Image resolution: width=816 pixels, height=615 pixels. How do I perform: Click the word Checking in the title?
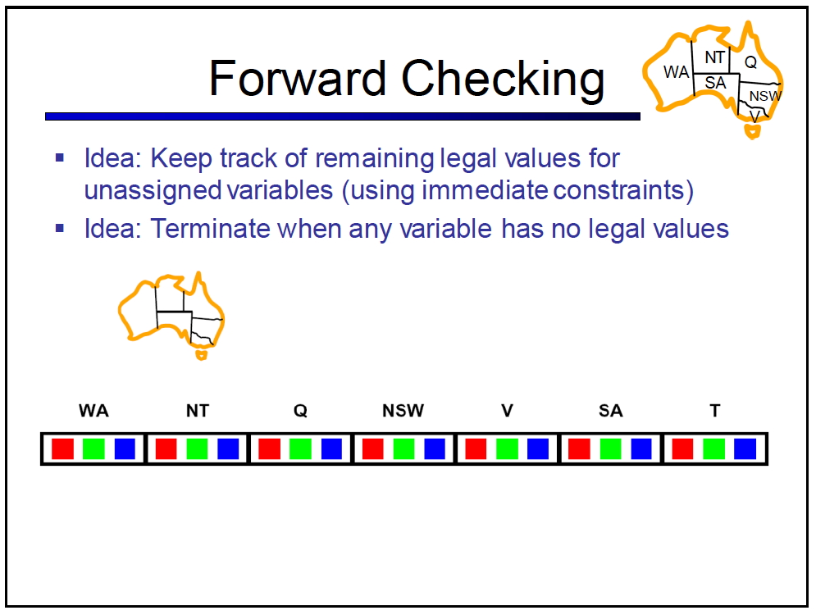click(x=503, y=80)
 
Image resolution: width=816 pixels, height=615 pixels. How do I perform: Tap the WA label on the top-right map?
click(x=676, y=72)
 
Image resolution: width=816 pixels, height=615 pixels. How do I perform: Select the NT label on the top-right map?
click(x=715, y=57)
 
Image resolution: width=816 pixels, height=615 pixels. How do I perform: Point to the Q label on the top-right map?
click(x=750, y=62)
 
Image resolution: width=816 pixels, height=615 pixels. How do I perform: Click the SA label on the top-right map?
click(x=716, y=83)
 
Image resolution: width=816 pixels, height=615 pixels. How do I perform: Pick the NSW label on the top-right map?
click(x=765, y=96)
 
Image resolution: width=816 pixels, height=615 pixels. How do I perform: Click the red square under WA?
click(x=63, y=449)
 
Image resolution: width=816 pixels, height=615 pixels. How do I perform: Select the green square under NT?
click(x=198, y=449)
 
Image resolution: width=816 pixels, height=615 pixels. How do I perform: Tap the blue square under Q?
click(x=331, y=449)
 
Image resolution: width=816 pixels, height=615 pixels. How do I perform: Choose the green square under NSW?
click(x=403, y=449)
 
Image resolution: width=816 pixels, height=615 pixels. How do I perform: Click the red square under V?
click(x=476, y=449)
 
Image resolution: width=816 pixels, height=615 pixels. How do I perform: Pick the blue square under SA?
click(x=641, y=449)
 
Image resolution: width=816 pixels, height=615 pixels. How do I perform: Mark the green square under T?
click(x=713, y=449)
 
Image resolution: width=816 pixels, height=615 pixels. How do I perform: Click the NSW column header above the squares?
click(x=403, y=411)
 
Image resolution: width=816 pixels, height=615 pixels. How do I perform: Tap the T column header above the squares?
click(x=715, y=411)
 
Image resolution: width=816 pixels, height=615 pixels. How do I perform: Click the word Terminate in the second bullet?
click(x=210, y=229)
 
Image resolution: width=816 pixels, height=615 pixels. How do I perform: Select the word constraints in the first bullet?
click(x=623, y=190)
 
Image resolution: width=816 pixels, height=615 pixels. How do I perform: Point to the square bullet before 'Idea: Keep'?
click(x=60, y=157)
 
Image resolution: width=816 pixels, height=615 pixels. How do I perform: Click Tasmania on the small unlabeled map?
click(x=201, y=355)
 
